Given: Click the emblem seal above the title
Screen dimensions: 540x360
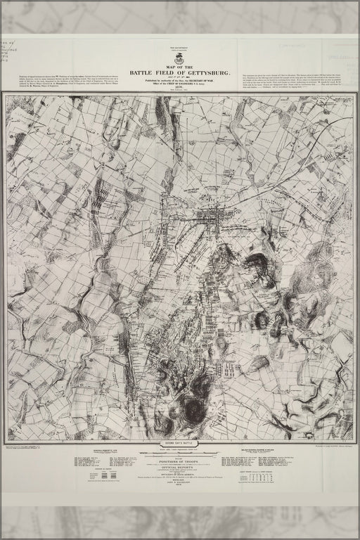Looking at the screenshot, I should click(179, 58).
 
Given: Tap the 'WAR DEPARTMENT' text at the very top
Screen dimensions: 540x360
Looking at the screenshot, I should click(179, 50).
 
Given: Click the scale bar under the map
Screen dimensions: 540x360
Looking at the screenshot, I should click(179, 452).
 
